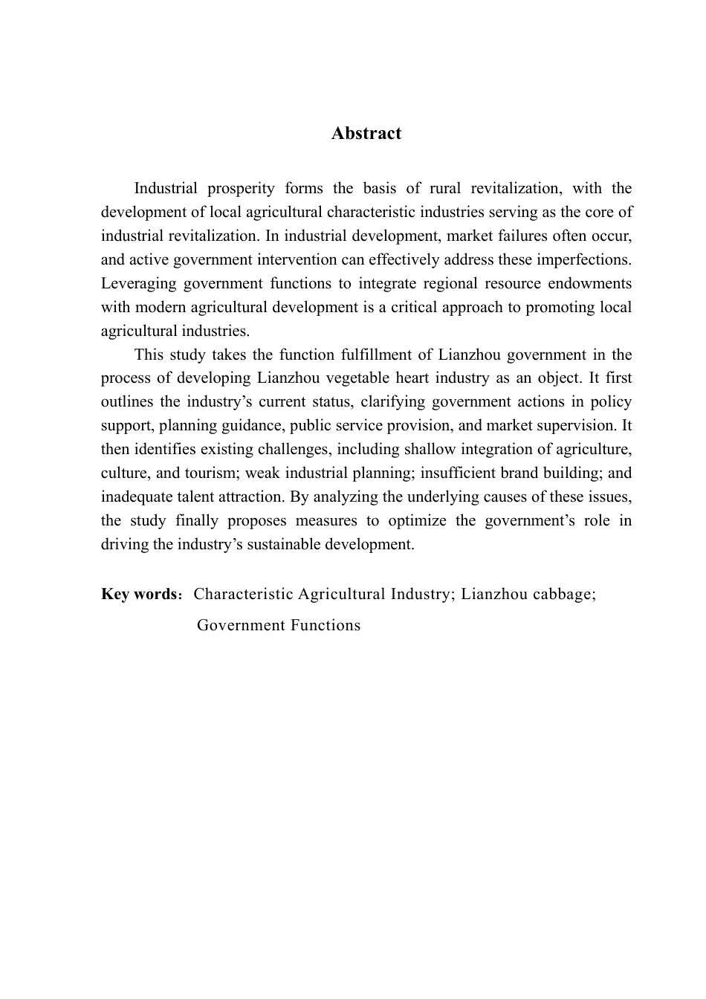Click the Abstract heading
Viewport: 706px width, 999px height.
(366, 134)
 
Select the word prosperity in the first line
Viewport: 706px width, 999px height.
(242, 189)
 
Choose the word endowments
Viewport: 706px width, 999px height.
(590, 284)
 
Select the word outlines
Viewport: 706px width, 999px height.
(125, 402)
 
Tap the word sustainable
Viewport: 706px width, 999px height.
(282, 545)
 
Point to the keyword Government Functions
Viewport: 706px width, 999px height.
(279, 626)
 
